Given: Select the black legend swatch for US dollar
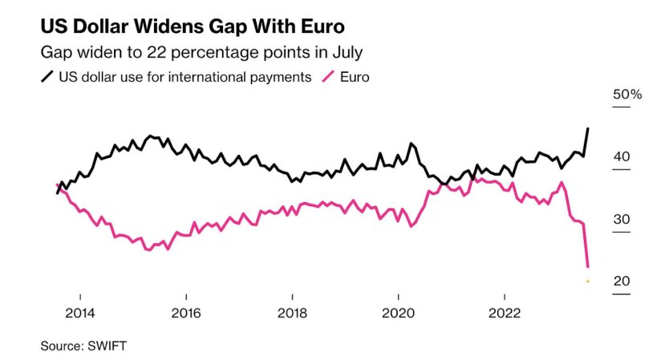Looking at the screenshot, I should (47, 78).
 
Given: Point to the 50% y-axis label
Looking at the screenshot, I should (627, 95).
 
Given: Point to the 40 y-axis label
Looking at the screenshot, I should (622, 157).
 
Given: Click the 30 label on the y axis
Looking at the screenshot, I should (622, 220).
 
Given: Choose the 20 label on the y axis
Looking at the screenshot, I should (622, 281).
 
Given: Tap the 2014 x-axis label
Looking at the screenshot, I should (79, 313).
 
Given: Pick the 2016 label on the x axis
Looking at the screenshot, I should (185, 313).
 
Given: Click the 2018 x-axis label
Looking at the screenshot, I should (292, 313).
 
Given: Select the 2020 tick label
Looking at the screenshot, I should (399, 313).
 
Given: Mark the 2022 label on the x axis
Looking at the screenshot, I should (505, 313).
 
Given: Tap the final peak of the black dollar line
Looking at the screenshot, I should (588, 128).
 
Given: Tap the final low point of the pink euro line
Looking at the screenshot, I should (589, 266).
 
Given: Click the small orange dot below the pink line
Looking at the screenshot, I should (588, 281).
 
